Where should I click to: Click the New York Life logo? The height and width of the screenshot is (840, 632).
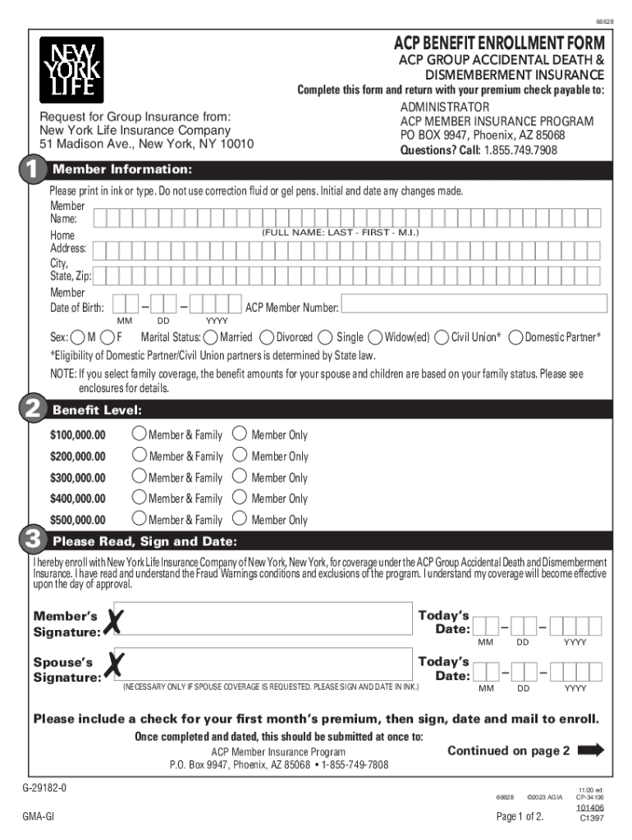(71, 70)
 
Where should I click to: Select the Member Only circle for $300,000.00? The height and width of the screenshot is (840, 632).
(239, 477)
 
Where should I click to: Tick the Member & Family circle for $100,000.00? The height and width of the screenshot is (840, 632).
(139, 434)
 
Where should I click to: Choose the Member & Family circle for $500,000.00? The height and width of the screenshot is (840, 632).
(139, 518)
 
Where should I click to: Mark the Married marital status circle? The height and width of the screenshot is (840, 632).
(212, 337)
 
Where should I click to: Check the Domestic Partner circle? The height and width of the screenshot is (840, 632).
(516, 337)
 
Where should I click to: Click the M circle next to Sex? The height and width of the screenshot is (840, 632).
(77, 337)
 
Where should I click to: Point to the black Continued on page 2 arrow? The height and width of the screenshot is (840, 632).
(591, 750)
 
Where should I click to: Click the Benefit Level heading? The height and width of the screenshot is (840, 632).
(97, 409)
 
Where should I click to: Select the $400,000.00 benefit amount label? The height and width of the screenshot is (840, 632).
(78, 499)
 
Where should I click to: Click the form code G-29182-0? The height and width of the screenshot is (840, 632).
(44, 787)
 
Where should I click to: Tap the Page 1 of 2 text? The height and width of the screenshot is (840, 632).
(520, 816)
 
